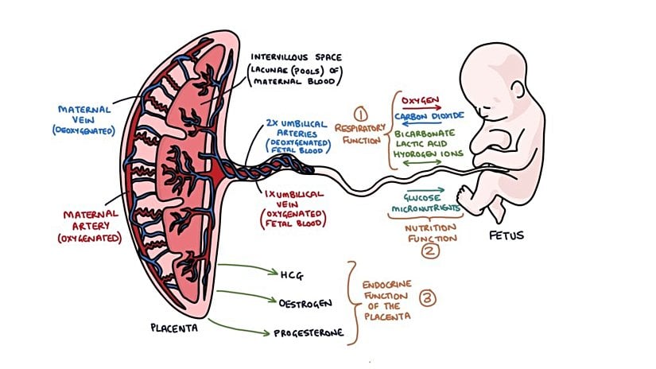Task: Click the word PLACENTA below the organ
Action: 173,327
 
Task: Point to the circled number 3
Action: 427,299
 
